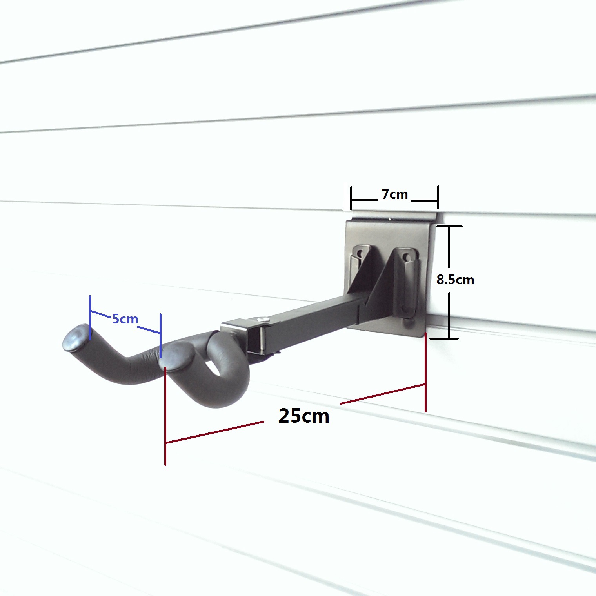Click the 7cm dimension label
coord(395,194)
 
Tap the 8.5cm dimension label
coord(455,280)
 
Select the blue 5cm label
coord(125,319)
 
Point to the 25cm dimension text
coord(304,416)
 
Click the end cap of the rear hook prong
coord(76,337)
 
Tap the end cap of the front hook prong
coord(177,355)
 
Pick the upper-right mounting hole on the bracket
coord(407,258)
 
